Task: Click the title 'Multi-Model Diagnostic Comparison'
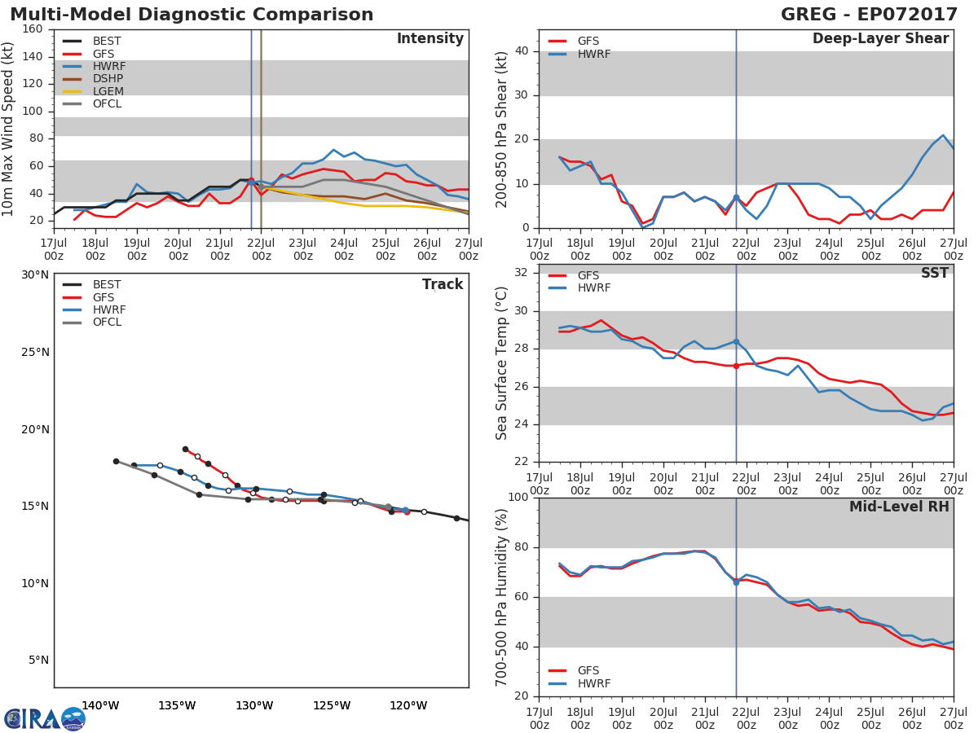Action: [192, 15]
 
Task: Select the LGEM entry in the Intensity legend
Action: [107, 91]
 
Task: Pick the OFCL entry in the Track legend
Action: [107, 323]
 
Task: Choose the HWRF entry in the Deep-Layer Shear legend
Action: [593, 54]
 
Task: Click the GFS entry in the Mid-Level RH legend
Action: [588, 670]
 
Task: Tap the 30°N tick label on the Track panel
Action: [34, 274]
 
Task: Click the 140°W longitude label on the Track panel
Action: [100, 705]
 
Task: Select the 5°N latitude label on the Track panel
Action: [37, 661]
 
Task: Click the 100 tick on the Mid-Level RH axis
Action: [516, 498]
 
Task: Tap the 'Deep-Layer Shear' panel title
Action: [880, 39]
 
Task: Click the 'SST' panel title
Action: [934, 273]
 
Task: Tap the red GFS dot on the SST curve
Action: [736, 366]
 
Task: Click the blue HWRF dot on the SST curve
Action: [736, 342]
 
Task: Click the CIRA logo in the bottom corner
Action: [45, 718]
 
